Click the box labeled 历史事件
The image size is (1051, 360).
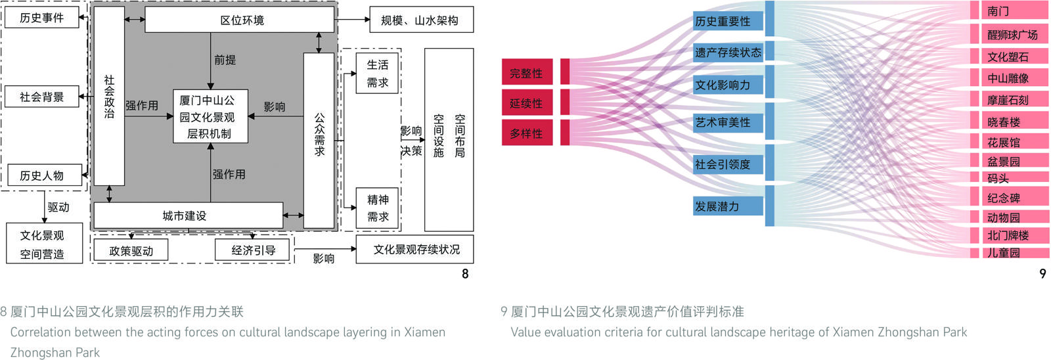42,18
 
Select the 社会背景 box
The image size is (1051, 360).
42,97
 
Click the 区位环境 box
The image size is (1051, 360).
240,20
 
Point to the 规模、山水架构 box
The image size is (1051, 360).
421,20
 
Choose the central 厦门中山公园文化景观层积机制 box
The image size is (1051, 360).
210,117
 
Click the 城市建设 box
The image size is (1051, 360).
188,215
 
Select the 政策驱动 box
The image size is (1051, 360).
131,250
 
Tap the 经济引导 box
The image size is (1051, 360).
253,250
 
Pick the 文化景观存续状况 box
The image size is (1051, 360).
414,250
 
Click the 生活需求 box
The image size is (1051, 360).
378,74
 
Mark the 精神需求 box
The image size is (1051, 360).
378,208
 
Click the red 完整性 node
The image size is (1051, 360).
527,73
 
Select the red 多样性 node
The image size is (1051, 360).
527,133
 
